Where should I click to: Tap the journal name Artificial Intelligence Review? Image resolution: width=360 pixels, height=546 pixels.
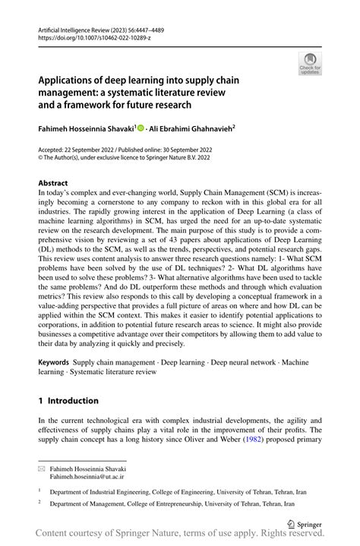coord(73,27)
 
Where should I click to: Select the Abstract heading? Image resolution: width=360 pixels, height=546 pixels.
coord(52,183)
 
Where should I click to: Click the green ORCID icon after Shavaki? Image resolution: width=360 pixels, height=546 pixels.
coord(141,128)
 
